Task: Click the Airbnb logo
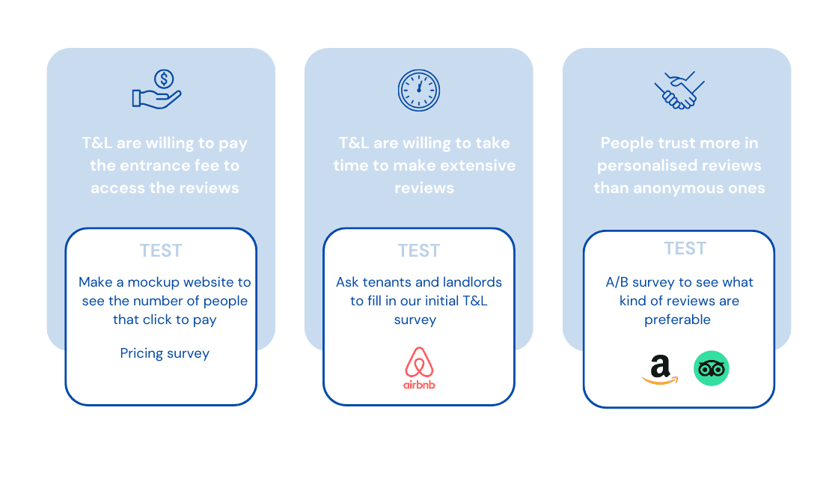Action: pos(419,367)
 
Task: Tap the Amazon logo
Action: pos(659,370)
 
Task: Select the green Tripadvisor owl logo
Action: pos(711,369)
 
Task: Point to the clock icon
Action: pos(419,90)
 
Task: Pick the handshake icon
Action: pos(679,90)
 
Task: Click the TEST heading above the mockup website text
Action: pos(161,251)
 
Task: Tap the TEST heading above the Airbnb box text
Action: pos(419,251)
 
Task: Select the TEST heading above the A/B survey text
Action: pos(685,248)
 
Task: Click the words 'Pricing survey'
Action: pos(165,353)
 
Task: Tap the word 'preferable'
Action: pos(677,320)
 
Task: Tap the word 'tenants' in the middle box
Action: pos(388,282)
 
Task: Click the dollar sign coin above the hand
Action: pos(164,79)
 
